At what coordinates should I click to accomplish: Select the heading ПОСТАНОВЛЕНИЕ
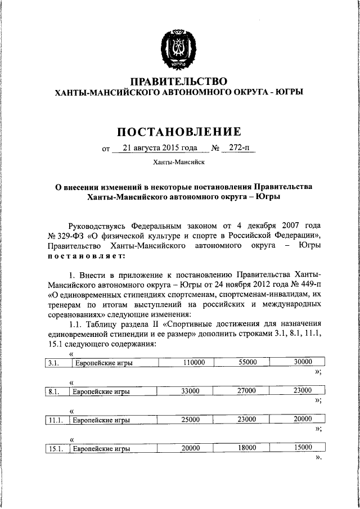(179, 132)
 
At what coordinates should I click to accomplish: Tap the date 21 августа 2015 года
(152, 148)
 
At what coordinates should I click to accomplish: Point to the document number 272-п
(238, 148)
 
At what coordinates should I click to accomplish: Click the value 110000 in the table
(194, 363)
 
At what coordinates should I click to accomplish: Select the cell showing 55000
(247, 363)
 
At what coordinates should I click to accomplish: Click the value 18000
(246, 448)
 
